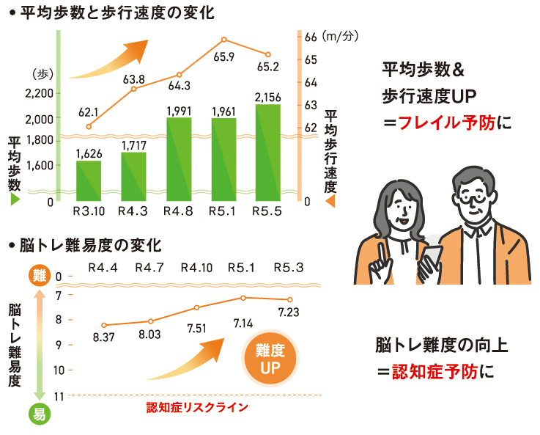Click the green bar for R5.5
267,153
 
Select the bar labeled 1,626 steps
89,180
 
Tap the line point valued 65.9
224,40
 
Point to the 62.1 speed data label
88,112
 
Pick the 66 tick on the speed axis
308,37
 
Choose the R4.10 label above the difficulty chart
197,266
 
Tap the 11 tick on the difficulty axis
59,396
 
